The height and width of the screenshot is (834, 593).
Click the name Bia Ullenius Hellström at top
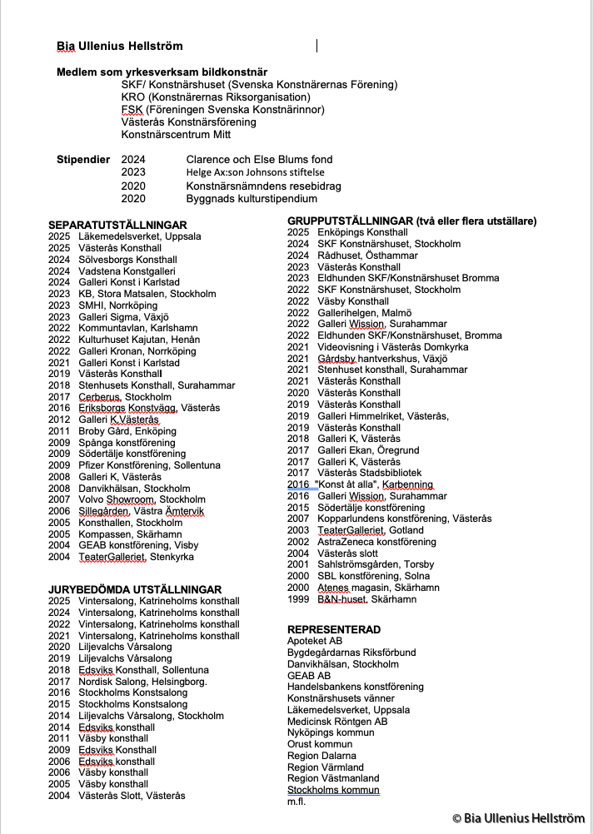(119, 46)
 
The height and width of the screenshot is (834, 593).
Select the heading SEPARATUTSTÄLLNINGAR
(117, 225)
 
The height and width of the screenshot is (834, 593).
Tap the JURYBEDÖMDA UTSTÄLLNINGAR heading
(135, 589)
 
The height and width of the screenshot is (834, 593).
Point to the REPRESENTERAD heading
(334, 629)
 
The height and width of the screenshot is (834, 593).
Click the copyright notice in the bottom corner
(518, 818)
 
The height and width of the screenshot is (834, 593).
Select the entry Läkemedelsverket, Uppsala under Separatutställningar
(139, 236)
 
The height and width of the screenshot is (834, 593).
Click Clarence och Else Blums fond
(259, 159)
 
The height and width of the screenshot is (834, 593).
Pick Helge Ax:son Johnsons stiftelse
(254, 172)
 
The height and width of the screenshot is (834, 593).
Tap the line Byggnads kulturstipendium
(252, 199)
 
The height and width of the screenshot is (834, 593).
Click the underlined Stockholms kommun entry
(333, 790)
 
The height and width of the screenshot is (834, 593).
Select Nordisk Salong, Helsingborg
(142, 682)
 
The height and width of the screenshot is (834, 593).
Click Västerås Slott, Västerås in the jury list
(132, 796)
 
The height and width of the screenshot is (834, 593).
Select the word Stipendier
(83, 159)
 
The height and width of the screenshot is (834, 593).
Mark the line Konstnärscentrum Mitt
(176, 134)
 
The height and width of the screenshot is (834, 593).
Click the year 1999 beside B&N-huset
(298, 598)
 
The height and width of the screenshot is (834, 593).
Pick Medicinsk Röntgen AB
(337, 722)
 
